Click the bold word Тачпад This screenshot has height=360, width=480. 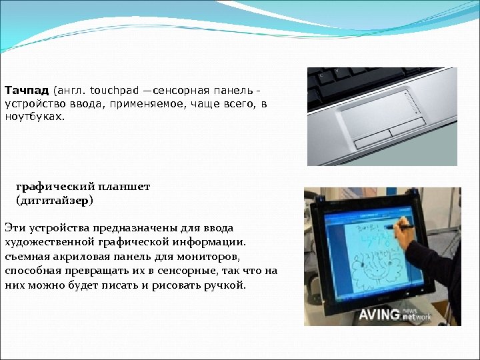[27, 90]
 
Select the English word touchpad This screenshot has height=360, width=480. [112, 90]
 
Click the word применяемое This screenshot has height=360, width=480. [138, 103]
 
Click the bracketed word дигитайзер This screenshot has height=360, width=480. [55, 200]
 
